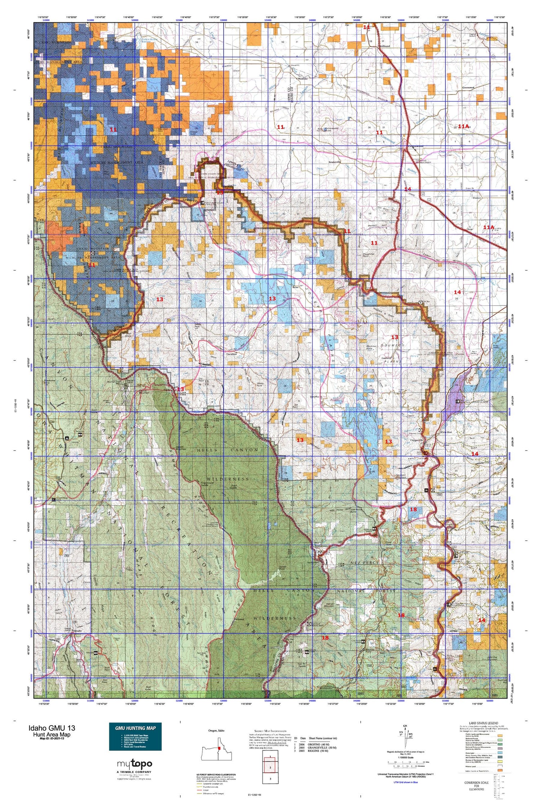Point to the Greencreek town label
point(471,88)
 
